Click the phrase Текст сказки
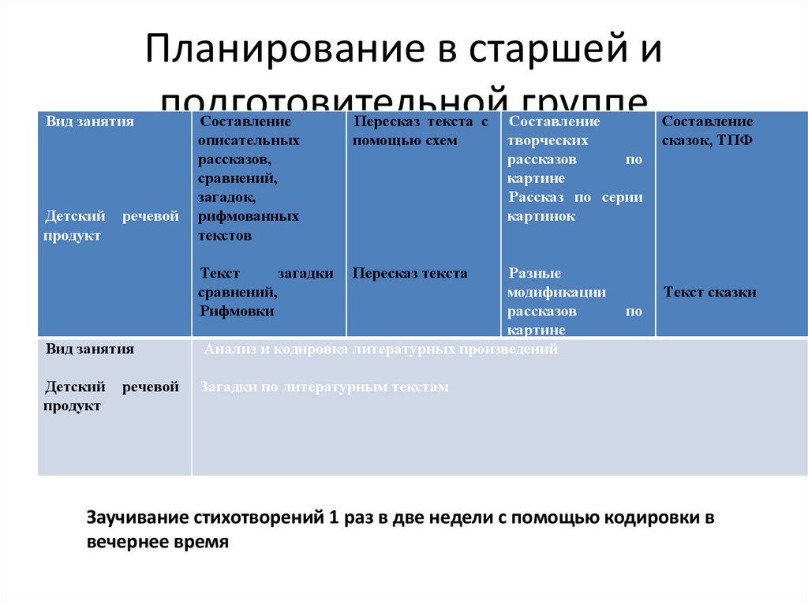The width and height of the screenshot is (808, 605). (710, 293)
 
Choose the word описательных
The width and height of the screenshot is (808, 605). (249, 140)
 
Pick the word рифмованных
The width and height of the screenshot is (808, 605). (249, 216)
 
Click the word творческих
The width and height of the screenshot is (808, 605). (548, 140)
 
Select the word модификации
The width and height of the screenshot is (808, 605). (557, 293)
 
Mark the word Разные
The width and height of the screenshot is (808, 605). (534, 274)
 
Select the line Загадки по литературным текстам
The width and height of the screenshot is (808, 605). (324, 387)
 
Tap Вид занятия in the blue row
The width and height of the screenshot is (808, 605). (89, 121)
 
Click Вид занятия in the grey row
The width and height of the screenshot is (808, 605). (89, 349)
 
